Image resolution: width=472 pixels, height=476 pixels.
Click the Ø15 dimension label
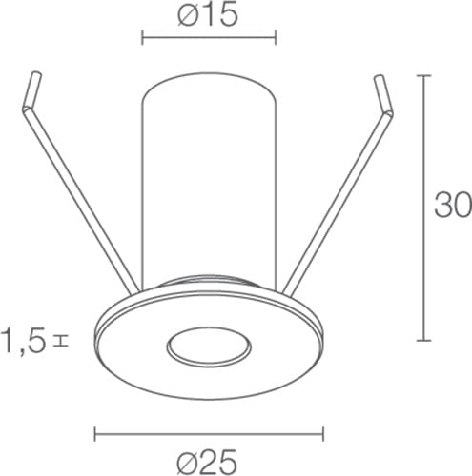(x=208, y=15)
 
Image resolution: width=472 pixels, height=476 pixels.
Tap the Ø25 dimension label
(x=207, y=461)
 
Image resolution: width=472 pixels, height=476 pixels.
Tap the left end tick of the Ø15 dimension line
(x=142, y=37)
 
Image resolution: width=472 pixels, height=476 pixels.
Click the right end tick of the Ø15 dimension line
(x=276, y=37)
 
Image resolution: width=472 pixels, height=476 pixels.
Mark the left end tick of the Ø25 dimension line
(x=95, y=434)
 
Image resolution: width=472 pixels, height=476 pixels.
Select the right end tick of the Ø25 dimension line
(x=323, y=434)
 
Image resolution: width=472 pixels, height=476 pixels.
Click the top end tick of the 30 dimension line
(x=423, y=75)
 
